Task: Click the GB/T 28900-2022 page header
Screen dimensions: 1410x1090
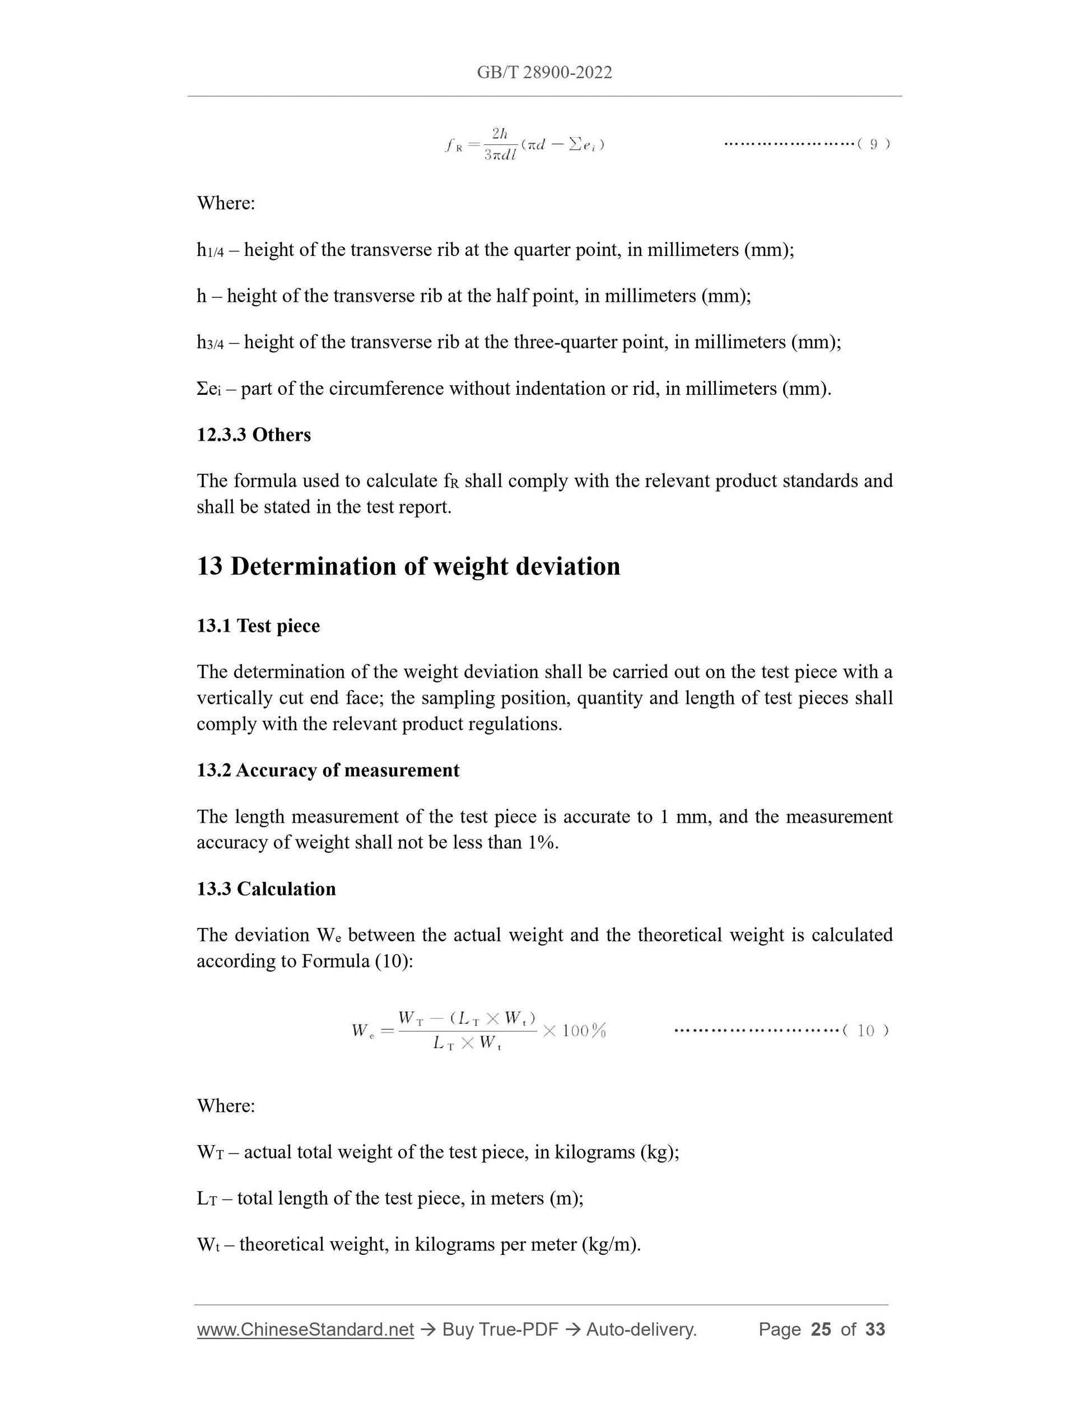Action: click(x=544, y=72)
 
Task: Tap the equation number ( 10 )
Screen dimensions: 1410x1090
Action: click(x=865, y=1030)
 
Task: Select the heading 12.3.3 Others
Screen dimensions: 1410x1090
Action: click(x=254, y=435)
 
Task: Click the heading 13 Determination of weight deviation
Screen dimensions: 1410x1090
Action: click(x=408, y=566)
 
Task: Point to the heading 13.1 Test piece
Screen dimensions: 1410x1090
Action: click(x=258, y=625)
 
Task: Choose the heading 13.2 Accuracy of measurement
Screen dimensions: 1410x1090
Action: click(x=328, y=770)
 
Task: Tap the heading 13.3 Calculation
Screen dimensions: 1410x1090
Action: click(x=266, y=889)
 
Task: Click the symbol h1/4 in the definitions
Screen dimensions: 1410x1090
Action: click(x=210, y=250)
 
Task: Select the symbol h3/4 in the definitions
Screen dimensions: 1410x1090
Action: click(x=210, y=343)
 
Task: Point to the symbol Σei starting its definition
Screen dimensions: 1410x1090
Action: click(x=208, y=389)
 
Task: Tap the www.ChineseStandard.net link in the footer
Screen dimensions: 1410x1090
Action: click(x=305, y=1329)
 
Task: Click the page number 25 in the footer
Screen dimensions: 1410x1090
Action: click(x=820, y=1329)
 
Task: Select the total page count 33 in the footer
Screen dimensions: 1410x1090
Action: click(x=875, y=1329)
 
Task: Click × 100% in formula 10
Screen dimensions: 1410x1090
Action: click(x=574, y=1031)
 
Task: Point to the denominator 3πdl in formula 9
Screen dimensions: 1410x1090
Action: click(x=500, y=156)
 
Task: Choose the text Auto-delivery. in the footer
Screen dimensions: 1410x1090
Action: click(x=641, y=1329)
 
